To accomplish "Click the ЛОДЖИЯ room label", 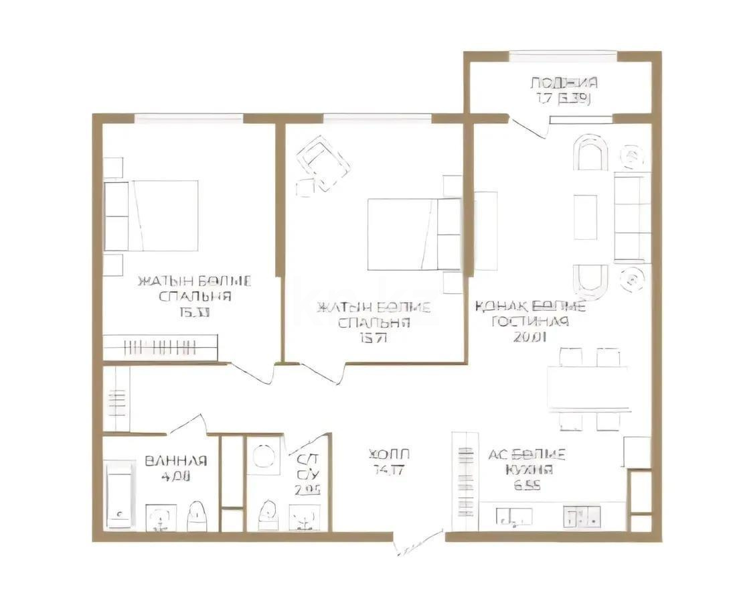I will pyautogui.click(x=564, y=83).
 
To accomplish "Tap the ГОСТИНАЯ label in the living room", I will pyautogui.click(x=530, y=322).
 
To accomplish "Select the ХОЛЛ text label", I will pyautogui.click(x=389, y=454).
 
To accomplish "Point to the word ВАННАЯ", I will pyautogui.click(x=175, y=461).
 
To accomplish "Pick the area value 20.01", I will pyautogui.click(x=530, y=337).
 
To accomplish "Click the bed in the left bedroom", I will pyautogui.click(x=153, y=216).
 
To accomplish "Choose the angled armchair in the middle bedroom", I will pyautogui.click(x=323, y=163).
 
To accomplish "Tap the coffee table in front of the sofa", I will pyautogui.click(x=585, y=216).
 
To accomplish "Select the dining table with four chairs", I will pyautogui.click(x=588, y=388).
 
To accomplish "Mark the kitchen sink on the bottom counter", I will pyautogui.click(x=514, y=516).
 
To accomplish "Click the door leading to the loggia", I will pyautogui.click(x=529, y=127).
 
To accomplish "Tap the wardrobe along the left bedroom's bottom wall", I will pyautogui.click(x=161, y=347).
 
